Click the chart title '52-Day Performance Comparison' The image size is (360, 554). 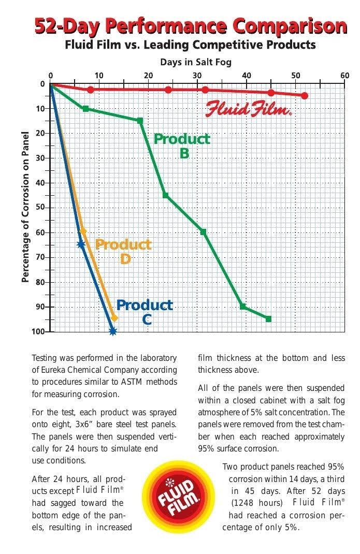coord(190,25)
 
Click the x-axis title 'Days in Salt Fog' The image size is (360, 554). coord(195,62)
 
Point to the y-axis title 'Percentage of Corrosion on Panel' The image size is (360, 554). coord(25,207)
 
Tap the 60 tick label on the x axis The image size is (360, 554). coord(344,76)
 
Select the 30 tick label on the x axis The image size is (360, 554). coord(197,76)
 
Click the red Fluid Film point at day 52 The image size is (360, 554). coord(304,96)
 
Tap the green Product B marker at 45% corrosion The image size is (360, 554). coord(165,195)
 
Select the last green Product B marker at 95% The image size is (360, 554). coord(268,319)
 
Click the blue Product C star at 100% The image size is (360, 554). coord(112,331)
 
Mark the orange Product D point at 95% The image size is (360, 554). coord(114,318)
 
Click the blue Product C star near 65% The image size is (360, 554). coord(81,244)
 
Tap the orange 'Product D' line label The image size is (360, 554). coord(123,251)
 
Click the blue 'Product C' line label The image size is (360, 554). coord(145,312)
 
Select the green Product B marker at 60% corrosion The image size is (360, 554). coord(203,232)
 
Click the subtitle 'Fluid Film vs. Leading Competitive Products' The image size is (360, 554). coord(190,45)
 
